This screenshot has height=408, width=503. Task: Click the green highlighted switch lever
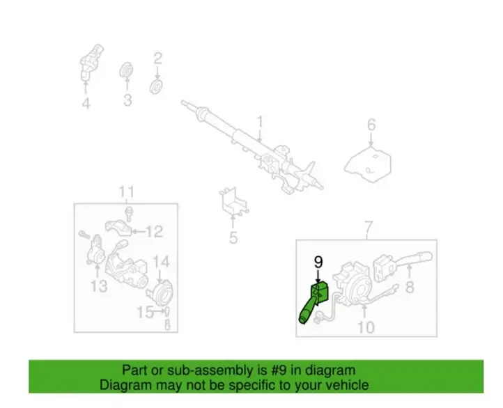[x=314, y=302]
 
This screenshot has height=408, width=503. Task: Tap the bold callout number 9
[x=318, y=262]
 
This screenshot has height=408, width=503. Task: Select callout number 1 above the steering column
[x=260, y=122]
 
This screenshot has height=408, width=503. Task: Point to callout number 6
[x=371, y=125]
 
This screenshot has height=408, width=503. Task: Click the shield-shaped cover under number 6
[x=368, y=164]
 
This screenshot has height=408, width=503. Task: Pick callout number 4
[x=86, y=104]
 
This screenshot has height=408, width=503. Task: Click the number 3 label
[x=127, y=100]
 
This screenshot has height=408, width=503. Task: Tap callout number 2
[x=157, y=58]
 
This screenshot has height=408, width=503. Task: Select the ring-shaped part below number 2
[x=156, y=87]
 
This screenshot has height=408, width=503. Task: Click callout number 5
[x=233, y=238]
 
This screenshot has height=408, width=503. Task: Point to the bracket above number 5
[x=234, y=201]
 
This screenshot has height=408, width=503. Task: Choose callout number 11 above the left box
[x=126, y=192]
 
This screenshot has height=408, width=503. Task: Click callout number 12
[x=154, y=232]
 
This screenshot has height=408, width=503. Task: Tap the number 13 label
[x=98, y=286]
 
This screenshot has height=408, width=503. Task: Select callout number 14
[x=161, y=262]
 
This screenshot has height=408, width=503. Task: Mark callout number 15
[x=146, y=312]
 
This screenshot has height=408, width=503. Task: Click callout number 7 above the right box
[x=369, y=227]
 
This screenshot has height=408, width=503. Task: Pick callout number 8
[x=410, y=287]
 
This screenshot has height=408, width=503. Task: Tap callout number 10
[x=366, y=327]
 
